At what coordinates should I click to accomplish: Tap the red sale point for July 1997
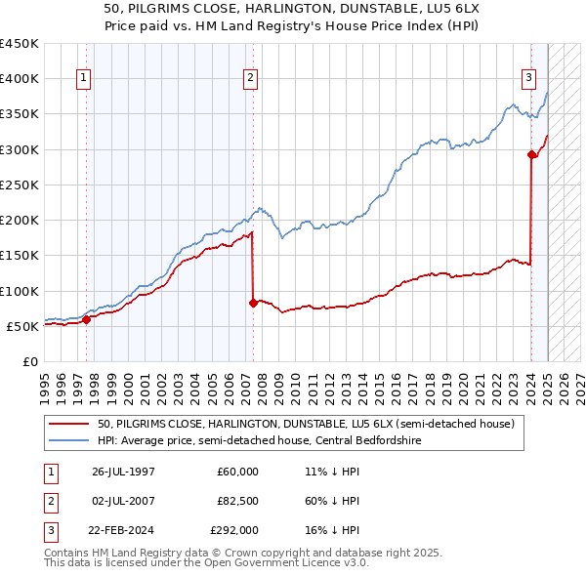[86, 318]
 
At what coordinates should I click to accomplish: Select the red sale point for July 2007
[253, 303]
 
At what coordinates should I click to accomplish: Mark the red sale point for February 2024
[531, 154]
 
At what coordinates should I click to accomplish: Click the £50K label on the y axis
[23, 326]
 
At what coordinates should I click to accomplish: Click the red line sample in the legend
[69, 424]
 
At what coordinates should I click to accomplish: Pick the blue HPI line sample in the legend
[69, 440]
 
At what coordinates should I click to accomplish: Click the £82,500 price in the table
[238, 501]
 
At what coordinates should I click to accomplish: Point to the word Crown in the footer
[244, 553]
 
